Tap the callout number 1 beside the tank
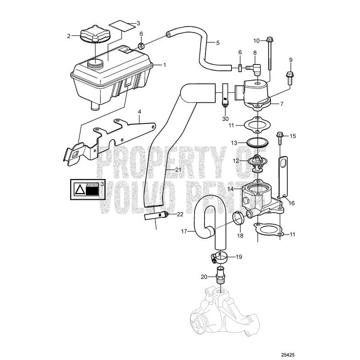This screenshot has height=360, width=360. coord(164,65)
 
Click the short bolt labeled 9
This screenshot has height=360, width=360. coord(288,74)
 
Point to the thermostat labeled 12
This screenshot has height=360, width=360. coord(257,163)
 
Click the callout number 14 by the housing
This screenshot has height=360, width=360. coord(231,189)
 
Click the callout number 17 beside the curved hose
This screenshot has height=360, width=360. coord(185,231)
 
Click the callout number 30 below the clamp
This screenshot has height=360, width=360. coord(225,119)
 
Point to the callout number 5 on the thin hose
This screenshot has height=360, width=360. coord(218,43)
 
